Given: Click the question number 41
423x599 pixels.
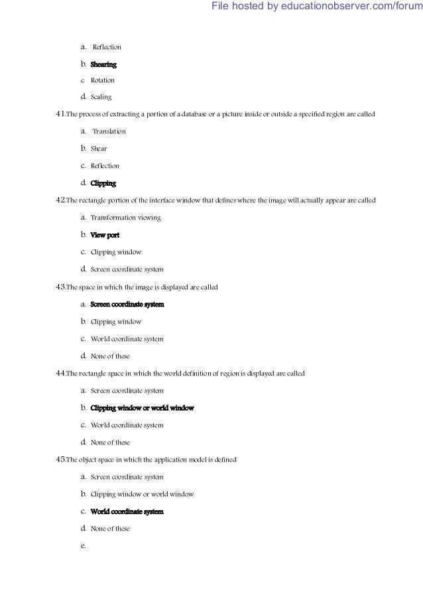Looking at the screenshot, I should click(x=60, y=114).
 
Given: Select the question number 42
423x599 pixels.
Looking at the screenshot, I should click(x=60, y=200).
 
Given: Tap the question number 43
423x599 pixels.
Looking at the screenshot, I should click(x=60, y=287).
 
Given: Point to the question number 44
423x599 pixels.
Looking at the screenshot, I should click(x=60, y=373).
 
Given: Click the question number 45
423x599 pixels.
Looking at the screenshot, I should click(x=60, y=459).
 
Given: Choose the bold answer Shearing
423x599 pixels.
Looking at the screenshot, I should click(x=103, y=64).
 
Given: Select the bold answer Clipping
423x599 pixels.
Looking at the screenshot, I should click(x=103, y=183).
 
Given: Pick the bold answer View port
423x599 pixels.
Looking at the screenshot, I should click(x=105, y=235).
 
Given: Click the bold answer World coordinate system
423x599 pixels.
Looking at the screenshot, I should click(x=127, y=511).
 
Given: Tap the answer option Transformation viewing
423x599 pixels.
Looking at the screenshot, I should click(x=125, y=218).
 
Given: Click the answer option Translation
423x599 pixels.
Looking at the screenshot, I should click(x=109, y=131).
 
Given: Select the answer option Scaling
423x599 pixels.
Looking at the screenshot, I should click(x=101, y=97).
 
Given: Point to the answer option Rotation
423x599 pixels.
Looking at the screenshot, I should click(x=102, y=80).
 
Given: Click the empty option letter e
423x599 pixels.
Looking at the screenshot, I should click(x=83, y=546).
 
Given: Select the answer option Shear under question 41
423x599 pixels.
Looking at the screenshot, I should click(x=98, y=149).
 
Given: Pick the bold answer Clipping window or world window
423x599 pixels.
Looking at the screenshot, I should click(x=142, y=408).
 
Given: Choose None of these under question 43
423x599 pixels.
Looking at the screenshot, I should click(x=110, y=356).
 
